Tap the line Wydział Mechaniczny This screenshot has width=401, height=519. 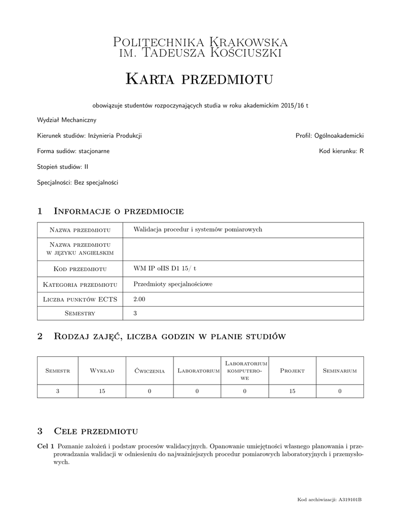66,120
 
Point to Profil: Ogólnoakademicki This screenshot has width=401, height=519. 330,135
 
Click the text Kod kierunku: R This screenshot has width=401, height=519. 341,151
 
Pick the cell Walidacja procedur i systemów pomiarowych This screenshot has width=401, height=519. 197,229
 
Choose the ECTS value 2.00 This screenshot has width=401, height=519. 139,299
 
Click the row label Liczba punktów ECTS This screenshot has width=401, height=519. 80,300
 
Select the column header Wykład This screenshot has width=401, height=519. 102,370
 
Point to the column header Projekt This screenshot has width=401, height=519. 292,370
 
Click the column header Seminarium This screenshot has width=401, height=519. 340,370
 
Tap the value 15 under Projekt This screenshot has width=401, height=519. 292,391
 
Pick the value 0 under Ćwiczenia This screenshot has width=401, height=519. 150,391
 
